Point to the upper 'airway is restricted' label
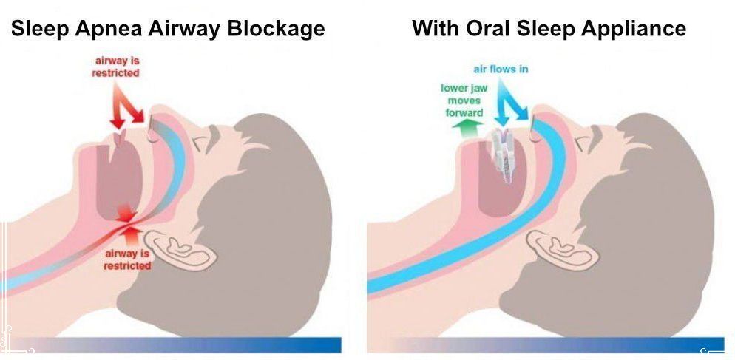point(115,67)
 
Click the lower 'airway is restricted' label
point(128,259)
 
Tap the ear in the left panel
point(180,248)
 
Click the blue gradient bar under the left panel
point(177,344)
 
